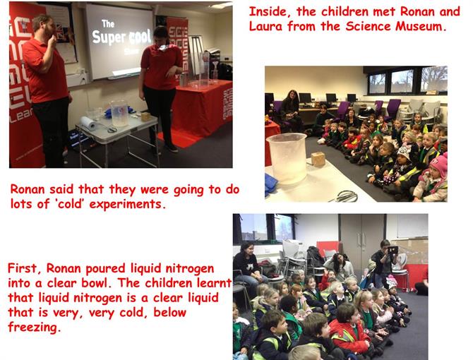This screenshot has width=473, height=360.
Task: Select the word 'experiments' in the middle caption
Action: [127, 205]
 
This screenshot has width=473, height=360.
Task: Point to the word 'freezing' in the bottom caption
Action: [34, 328]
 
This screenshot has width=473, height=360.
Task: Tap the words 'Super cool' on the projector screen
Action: [121, 37]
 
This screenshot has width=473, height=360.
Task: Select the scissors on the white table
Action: [345, 196]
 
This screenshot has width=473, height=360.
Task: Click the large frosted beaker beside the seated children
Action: [287, 159]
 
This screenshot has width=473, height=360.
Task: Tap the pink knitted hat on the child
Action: [438, 166]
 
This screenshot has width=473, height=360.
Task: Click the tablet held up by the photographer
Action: [393, 251]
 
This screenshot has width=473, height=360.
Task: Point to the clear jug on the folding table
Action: [119, 114]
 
